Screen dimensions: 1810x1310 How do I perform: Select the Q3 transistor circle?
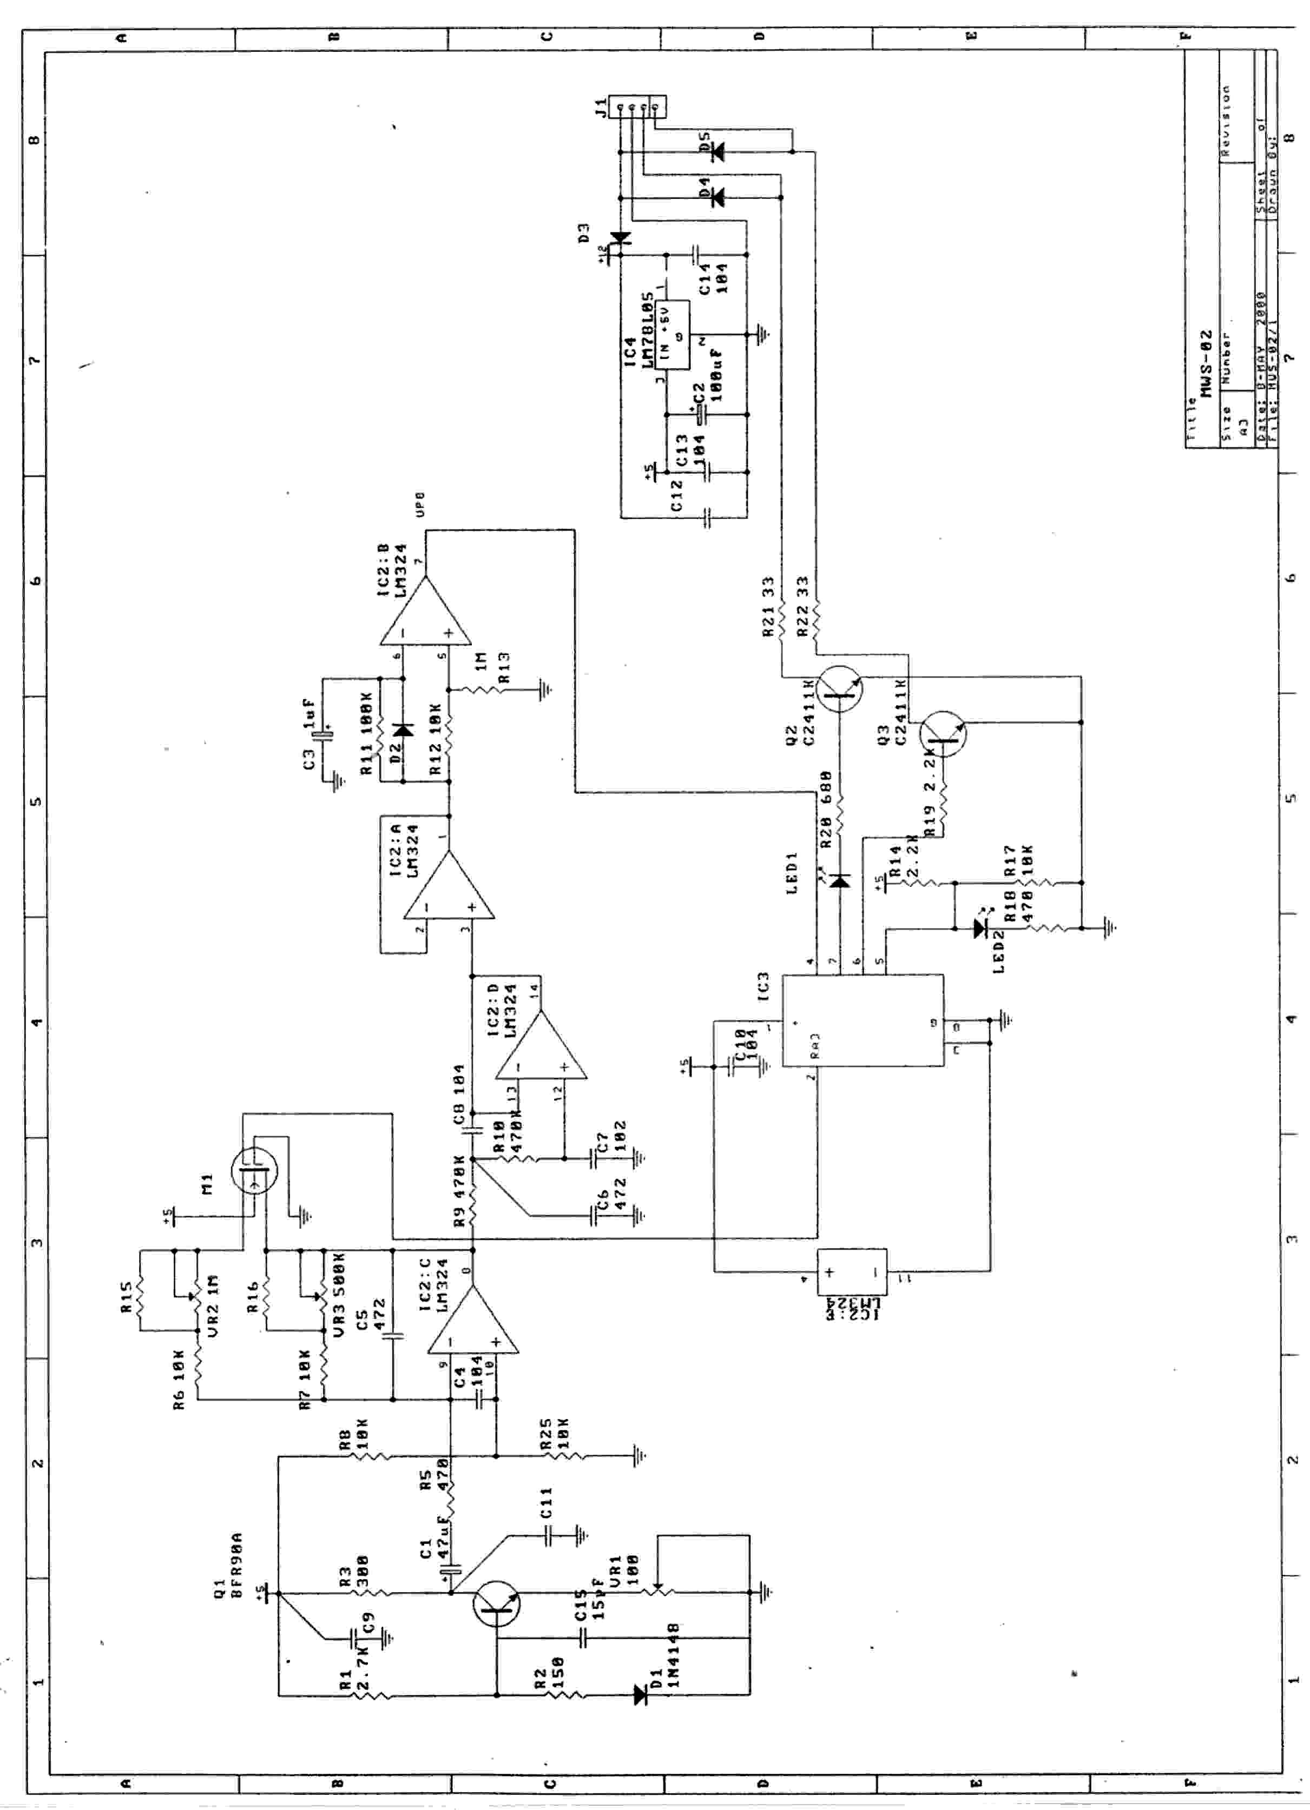[x=943, y=735]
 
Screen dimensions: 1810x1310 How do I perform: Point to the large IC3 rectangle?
[x=861, y=1020]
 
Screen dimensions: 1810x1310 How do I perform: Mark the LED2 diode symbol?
[x=979, y=928]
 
